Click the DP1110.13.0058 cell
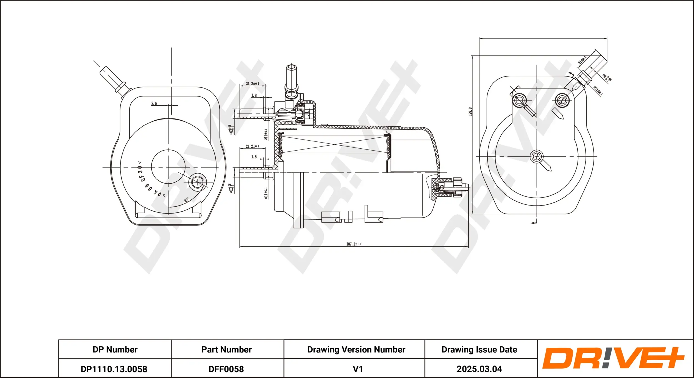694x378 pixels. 114,369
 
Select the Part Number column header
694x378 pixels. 227,349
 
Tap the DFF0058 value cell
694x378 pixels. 226,369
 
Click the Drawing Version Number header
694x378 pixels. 356,349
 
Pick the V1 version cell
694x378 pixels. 358,369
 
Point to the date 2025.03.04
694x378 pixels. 479,369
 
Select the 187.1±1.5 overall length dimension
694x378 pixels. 354,244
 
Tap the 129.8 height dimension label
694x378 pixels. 470,111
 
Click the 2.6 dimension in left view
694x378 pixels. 154,103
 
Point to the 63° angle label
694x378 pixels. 187,200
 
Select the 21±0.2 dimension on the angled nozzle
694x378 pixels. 582,60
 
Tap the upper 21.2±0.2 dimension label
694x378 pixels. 252,83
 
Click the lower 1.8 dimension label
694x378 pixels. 254,157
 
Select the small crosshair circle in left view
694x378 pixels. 197,182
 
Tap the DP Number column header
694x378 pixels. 115,349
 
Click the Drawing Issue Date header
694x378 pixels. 479,349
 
